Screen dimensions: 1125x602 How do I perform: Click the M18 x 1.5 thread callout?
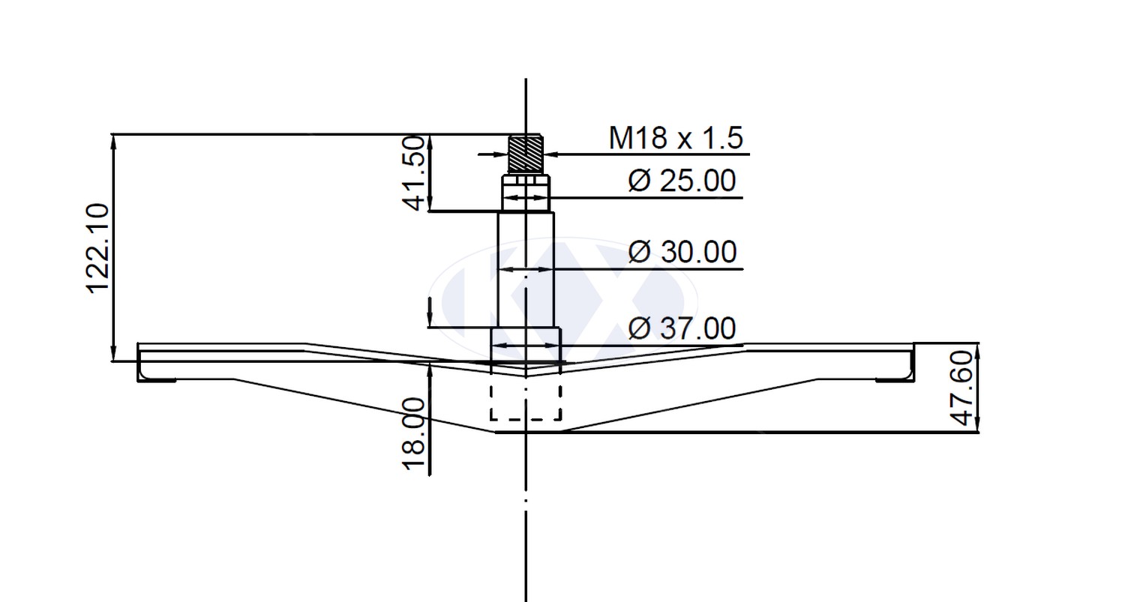tap(676, 138)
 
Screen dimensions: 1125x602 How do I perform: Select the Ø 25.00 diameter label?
tap(682, 181)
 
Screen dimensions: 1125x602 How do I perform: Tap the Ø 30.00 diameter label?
tap(682, 252)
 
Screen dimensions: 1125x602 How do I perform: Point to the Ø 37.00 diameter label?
tap(682, 328)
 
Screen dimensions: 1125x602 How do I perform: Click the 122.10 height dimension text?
tap(98, 248)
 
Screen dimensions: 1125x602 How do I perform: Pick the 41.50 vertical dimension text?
tap(414, 173)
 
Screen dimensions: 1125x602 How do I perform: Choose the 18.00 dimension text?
tap(415, 434)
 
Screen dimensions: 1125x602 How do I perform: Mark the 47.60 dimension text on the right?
tap(961, 388)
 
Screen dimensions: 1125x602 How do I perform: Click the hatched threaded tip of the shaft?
tap(526, 154)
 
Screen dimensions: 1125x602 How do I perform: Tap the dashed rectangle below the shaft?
tap(526, 402)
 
